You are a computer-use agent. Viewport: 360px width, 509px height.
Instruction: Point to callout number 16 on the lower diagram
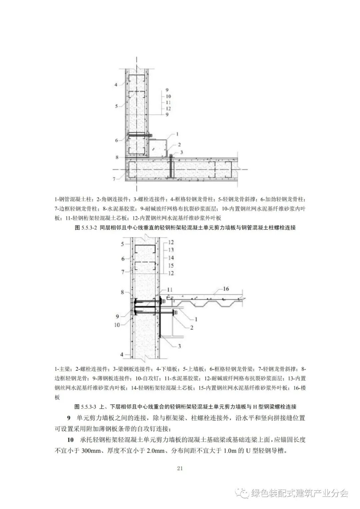pyautogui.click(x=226, y=289)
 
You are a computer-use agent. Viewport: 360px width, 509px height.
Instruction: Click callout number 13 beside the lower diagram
pyautogui.click(x=171, y=250)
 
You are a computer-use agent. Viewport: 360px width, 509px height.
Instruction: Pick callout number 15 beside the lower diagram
pyautogui.click(x=171, y=265)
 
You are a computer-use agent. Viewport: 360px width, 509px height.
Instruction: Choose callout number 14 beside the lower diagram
pyautogui.click(x=171, y=257)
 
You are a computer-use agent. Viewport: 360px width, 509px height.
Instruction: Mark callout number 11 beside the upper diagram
pyautogui.click(x=168, y=102)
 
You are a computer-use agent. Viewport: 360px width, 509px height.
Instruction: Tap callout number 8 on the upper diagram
pyautogui.click(x=117, y=157)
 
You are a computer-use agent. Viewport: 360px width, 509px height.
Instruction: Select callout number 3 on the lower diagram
pyautogui.click(x=179, y=346)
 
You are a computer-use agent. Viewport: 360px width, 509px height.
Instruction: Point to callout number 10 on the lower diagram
pyautogui.click(x=117, y=325)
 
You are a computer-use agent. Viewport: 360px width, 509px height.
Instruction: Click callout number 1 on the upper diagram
pyautogui.click(x=177, y=134)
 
